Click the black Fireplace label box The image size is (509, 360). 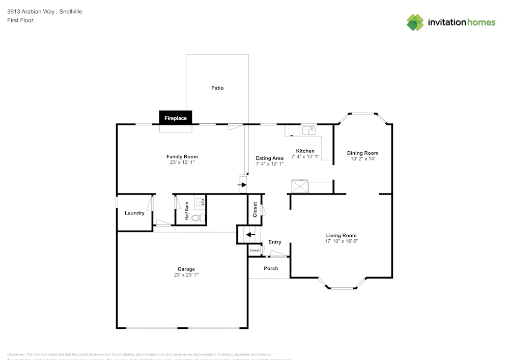click(176, 118)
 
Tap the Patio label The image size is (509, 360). click(217, 88)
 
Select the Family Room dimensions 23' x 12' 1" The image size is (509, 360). click(182, 162)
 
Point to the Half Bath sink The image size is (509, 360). click(200, 202)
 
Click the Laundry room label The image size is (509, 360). click(134, 213)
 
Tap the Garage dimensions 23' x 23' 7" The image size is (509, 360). click(186, 275)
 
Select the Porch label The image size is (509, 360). click(271, 268)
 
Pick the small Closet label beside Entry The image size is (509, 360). click(254, 251)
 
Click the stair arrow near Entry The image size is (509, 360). click(249, 235)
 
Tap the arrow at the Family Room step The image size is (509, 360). click(242, 184)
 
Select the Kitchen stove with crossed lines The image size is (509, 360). click(299, 186)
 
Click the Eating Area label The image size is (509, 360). click(269, 158)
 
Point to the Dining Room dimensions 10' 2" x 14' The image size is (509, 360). click(362, 159)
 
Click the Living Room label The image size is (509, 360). click(341, 235)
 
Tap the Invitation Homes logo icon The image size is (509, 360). click(415, 22)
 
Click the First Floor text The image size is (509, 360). click(20, 20)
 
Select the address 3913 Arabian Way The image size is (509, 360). click(31, 11)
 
